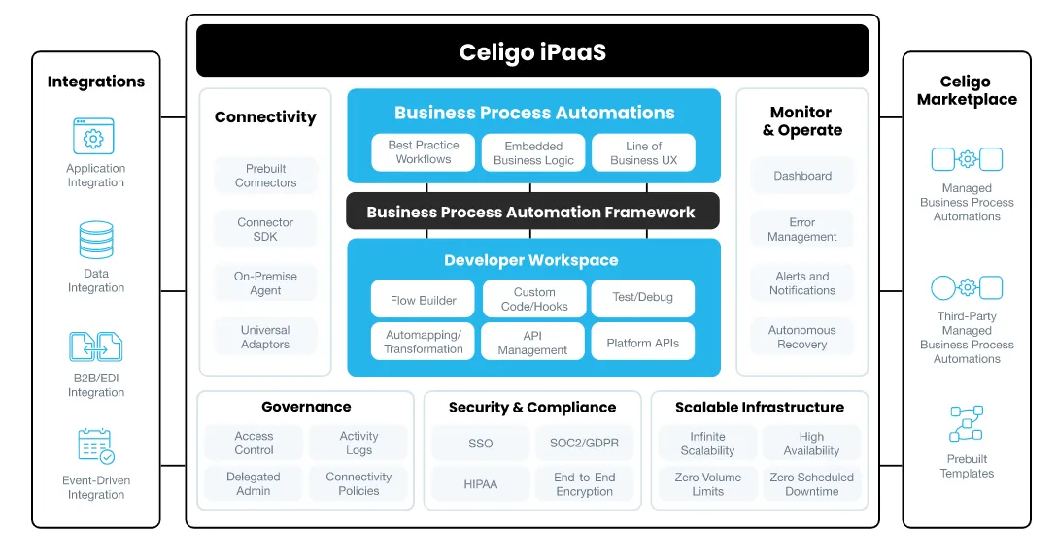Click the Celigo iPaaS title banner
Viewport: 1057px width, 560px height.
coord(532,51)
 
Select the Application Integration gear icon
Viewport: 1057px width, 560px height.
coord(94,137)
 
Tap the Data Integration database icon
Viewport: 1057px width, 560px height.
coord(96,241)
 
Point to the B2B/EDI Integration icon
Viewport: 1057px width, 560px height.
coord(96,346)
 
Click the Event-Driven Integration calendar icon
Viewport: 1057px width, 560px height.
coord(96,445)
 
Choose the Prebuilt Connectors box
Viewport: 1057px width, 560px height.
coord(265,176)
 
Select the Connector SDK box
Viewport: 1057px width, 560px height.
coord(265,229)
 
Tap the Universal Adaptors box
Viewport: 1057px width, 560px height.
coord(265,337)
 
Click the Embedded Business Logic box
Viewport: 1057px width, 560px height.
coord(533,153)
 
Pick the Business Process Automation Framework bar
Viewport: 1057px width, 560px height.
coord(531,212)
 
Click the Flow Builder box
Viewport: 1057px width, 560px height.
coord(424,300)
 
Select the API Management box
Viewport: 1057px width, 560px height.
coord(532,343)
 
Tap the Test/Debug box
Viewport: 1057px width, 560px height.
coord(642,297)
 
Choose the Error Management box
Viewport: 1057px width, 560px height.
coord(801,230)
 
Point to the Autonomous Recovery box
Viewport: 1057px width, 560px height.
coord(801,337)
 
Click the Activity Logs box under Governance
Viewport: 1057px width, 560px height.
coord(358,444)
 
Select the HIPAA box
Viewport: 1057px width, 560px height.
coord(480,483)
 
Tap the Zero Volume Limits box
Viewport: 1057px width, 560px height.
coord(707,484)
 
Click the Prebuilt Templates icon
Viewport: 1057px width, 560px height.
coord(967,424)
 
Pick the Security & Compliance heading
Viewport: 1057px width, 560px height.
coord(532,408)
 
